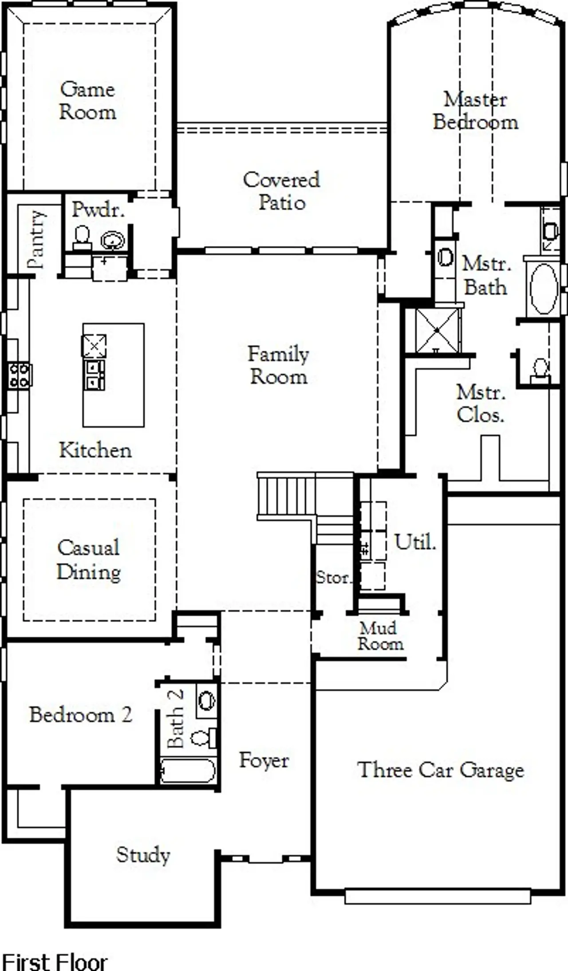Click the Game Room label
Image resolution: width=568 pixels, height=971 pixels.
(x=88, y=101)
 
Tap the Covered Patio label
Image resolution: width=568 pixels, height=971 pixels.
(x=281, y=191)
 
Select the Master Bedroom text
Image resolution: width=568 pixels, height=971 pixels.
(x=475, y=111)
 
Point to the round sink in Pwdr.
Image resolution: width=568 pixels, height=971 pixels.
(x=113, y=241)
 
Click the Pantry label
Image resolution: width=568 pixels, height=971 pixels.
(x=36, y=239)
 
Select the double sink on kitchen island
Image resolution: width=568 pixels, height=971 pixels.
(x=94, y=375)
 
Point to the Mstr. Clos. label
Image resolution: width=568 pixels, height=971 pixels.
(x=481, y=403)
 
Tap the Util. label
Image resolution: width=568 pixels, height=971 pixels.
(x=415, y=542)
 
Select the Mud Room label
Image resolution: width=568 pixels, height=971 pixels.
(x=380, y=636)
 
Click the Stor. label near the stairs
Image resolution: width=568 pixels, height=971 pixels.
(x=333, y=577)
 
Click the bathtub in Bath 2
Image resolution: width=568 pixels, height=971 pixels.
(x=188, y=771)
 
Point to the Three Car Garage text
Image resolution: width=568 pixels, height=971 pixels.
(x=440, y=770)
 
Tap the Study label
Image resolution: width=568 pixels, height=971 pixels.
(x=143, y=854)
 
